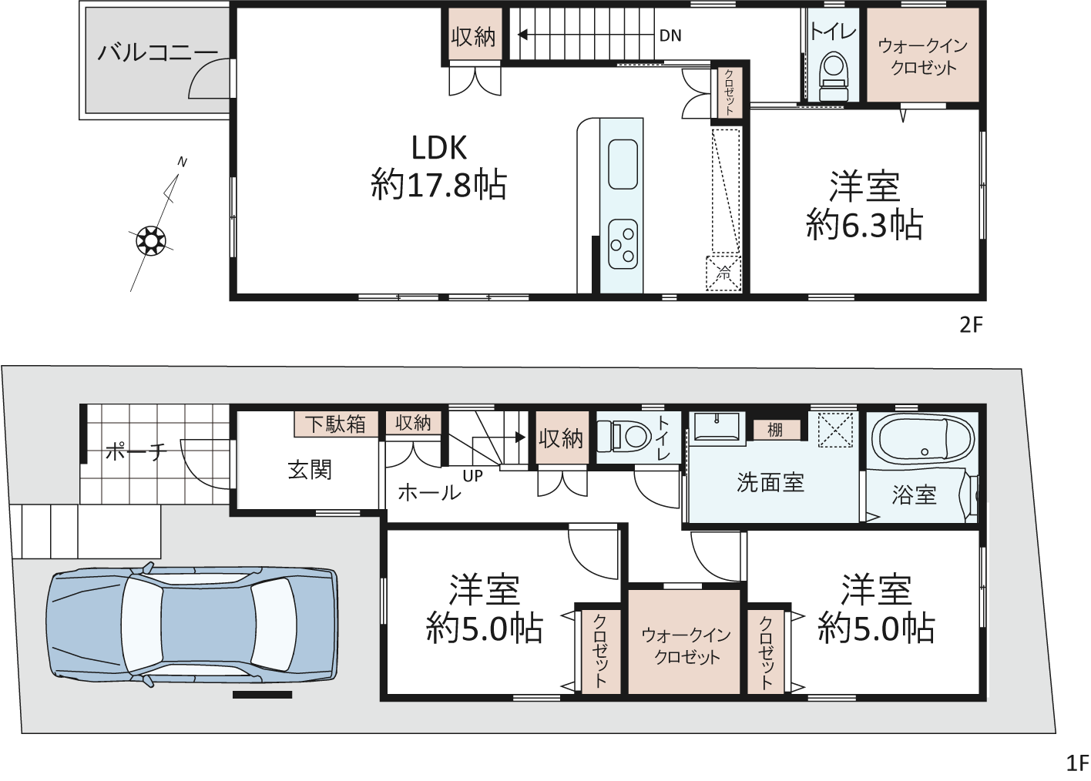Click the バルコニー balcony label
157,52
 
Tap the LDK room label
439,148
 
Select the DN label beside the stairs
670,35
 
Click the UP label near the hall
473,476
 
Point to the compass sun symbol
151,240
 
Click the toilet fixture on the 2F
833,77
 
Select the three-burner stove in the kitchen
623,243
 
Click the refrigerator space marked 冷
724,273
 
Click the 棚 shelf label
775,430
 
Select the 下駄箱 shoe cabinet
336,424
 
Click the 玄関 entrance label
310,471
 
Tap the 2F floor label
971,325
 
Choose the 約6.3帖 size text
864,224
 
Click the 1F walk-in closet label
686,646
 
